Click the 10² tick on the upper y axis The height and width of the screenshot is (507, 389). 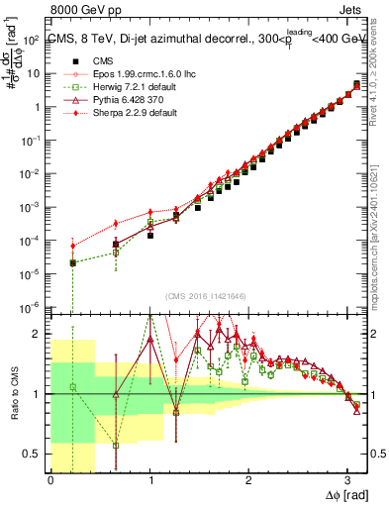pyautogui.click(x=32, y=40)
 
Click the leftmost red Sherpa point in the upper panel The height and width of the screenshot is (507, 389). pyautogui.click(x=72, y=246)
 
